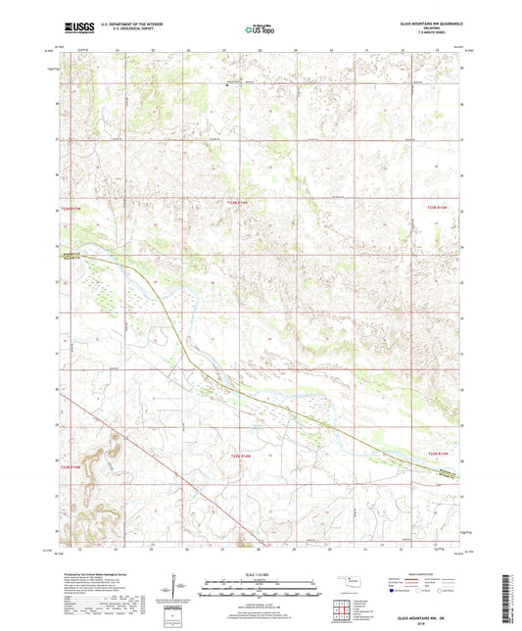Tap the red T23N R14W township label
pos(240,203)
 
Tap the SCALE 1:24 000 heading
pos(261,573)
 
